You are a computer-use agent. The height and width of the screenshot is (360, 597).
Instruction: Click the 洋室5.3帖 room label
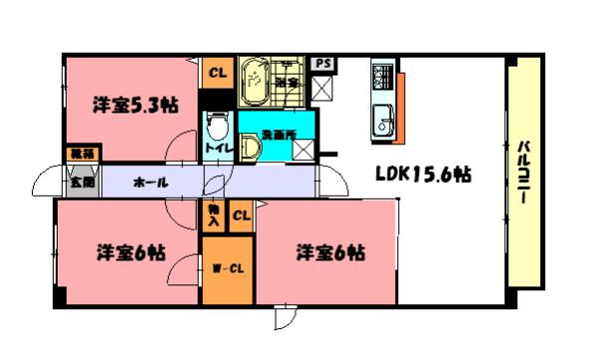(x=135, y=104)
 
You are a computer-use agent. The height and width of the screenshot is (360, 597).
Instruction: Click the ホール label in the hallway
(x=149, y=183)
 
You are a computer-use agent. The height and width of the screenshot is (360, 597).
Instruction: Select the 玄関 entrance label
(x=82, y=182)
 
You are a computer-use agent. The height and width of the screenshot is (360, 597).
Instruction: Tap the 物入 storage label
(x=214, y=214)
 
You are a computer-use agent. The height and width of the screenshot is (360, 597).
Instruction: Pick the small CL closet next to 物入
(x=240, y=215)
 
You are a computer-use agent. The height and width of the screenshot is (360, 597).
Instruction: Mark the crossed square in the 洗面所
(x=303, y=148)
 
